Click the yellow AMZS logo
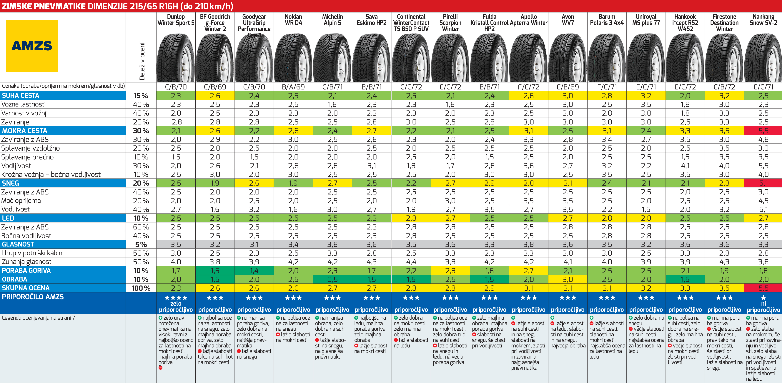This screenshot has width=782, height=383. pyautogui.click(x=32, y=46)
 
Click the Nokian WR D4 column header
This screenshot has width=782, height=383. pyautogui.click(x=293, y=20)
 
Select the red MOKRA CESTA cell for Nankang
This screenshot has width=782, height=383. pyautogui.click(x=763, y=131)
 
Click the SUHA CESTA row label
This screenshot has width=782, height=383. pyautogui.click(x=21, y=96)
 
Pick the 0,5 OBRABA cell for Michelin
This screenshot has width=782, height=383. pyautogui.click(x=332, y=279)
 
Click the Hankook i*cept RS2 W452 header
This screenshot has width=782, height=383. pyautogui.click(x=685, y=23)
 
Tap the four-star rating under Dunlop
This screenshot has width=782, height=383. pyautogui.click(x=176, y=298)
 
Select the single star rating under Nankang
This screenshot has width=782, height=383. pyautogui.click(x=763, y=298)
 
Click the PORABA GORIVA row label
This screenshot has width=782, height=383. pyautogui.click(x=26, y=270)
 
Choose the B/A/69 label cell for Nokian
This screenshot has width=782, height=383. pyautogui.click(x=293, y=87)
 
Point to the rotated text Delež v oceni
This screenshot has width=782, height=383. pyautogui.click(x=142, y=61)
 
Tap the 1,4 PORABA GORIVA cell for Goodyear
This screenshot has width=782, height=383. pyautogui.click(x=254, y=270)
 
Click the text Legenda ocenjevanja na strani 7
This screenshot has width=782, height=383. pyautogui.click(x=38, y=318)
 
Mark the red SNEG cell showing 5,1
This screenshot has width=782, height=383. pyautogui.click(x=763, y=183)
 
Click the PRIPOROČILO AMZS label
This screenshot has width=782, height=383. pyautogui.click(x=33, y=297)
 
